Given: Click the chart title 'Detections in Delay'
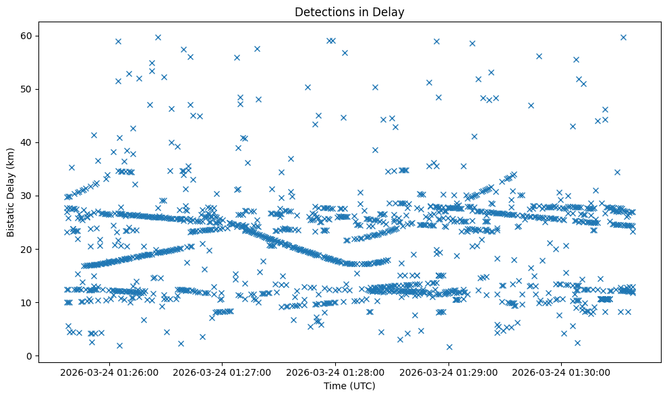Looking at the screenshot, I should tap(349, 11).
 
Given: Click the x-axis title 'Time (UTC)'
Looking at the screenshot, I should tap(349, 386).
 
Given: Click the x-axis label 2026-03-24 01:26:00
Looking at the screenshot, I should tap(109, 372).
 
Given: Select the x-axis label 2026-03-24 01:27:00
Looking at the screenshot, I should tap(223, 372).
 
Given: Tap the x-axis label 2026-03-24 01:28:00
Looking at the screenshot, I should tap(336, 372).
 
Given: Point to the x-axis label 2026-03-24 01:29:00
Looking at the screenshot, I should tap(449, 372).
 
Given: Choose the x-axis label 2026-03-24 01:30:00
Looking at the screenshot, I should tap(562, 372).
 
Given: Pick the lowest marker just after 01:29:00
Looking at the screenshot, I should tap(449, 347).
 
